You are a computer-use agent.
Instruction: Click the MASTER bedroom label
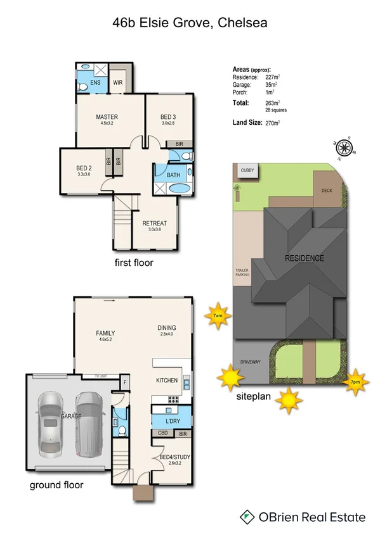pos(107,117)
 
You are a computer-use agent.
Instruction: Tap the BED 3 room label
pos(167,117)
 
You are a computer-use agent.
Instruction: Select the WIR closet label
pos(117,82)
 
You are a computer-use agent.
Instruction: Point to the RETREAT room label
pos(154,224)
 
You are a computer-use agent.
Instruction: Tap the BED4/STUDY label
pos(170,457)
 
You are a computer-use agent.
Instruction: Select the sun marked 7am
pos(218,316)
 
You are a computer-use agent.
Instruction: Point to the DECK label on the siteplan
pos(326,191)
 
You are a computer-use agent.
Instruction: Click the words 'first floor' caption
pos(133,262)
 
